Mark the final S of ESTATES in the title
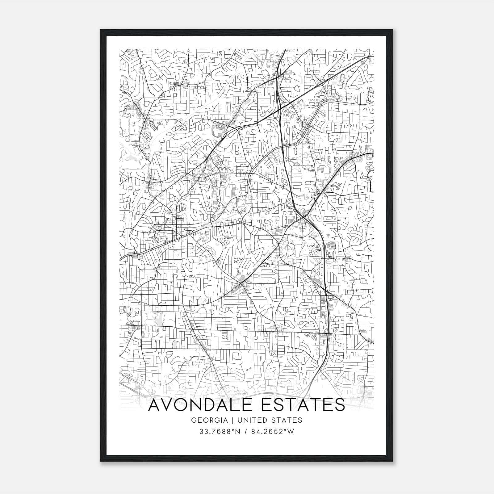pyautogui.click(x=340, y=405)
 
